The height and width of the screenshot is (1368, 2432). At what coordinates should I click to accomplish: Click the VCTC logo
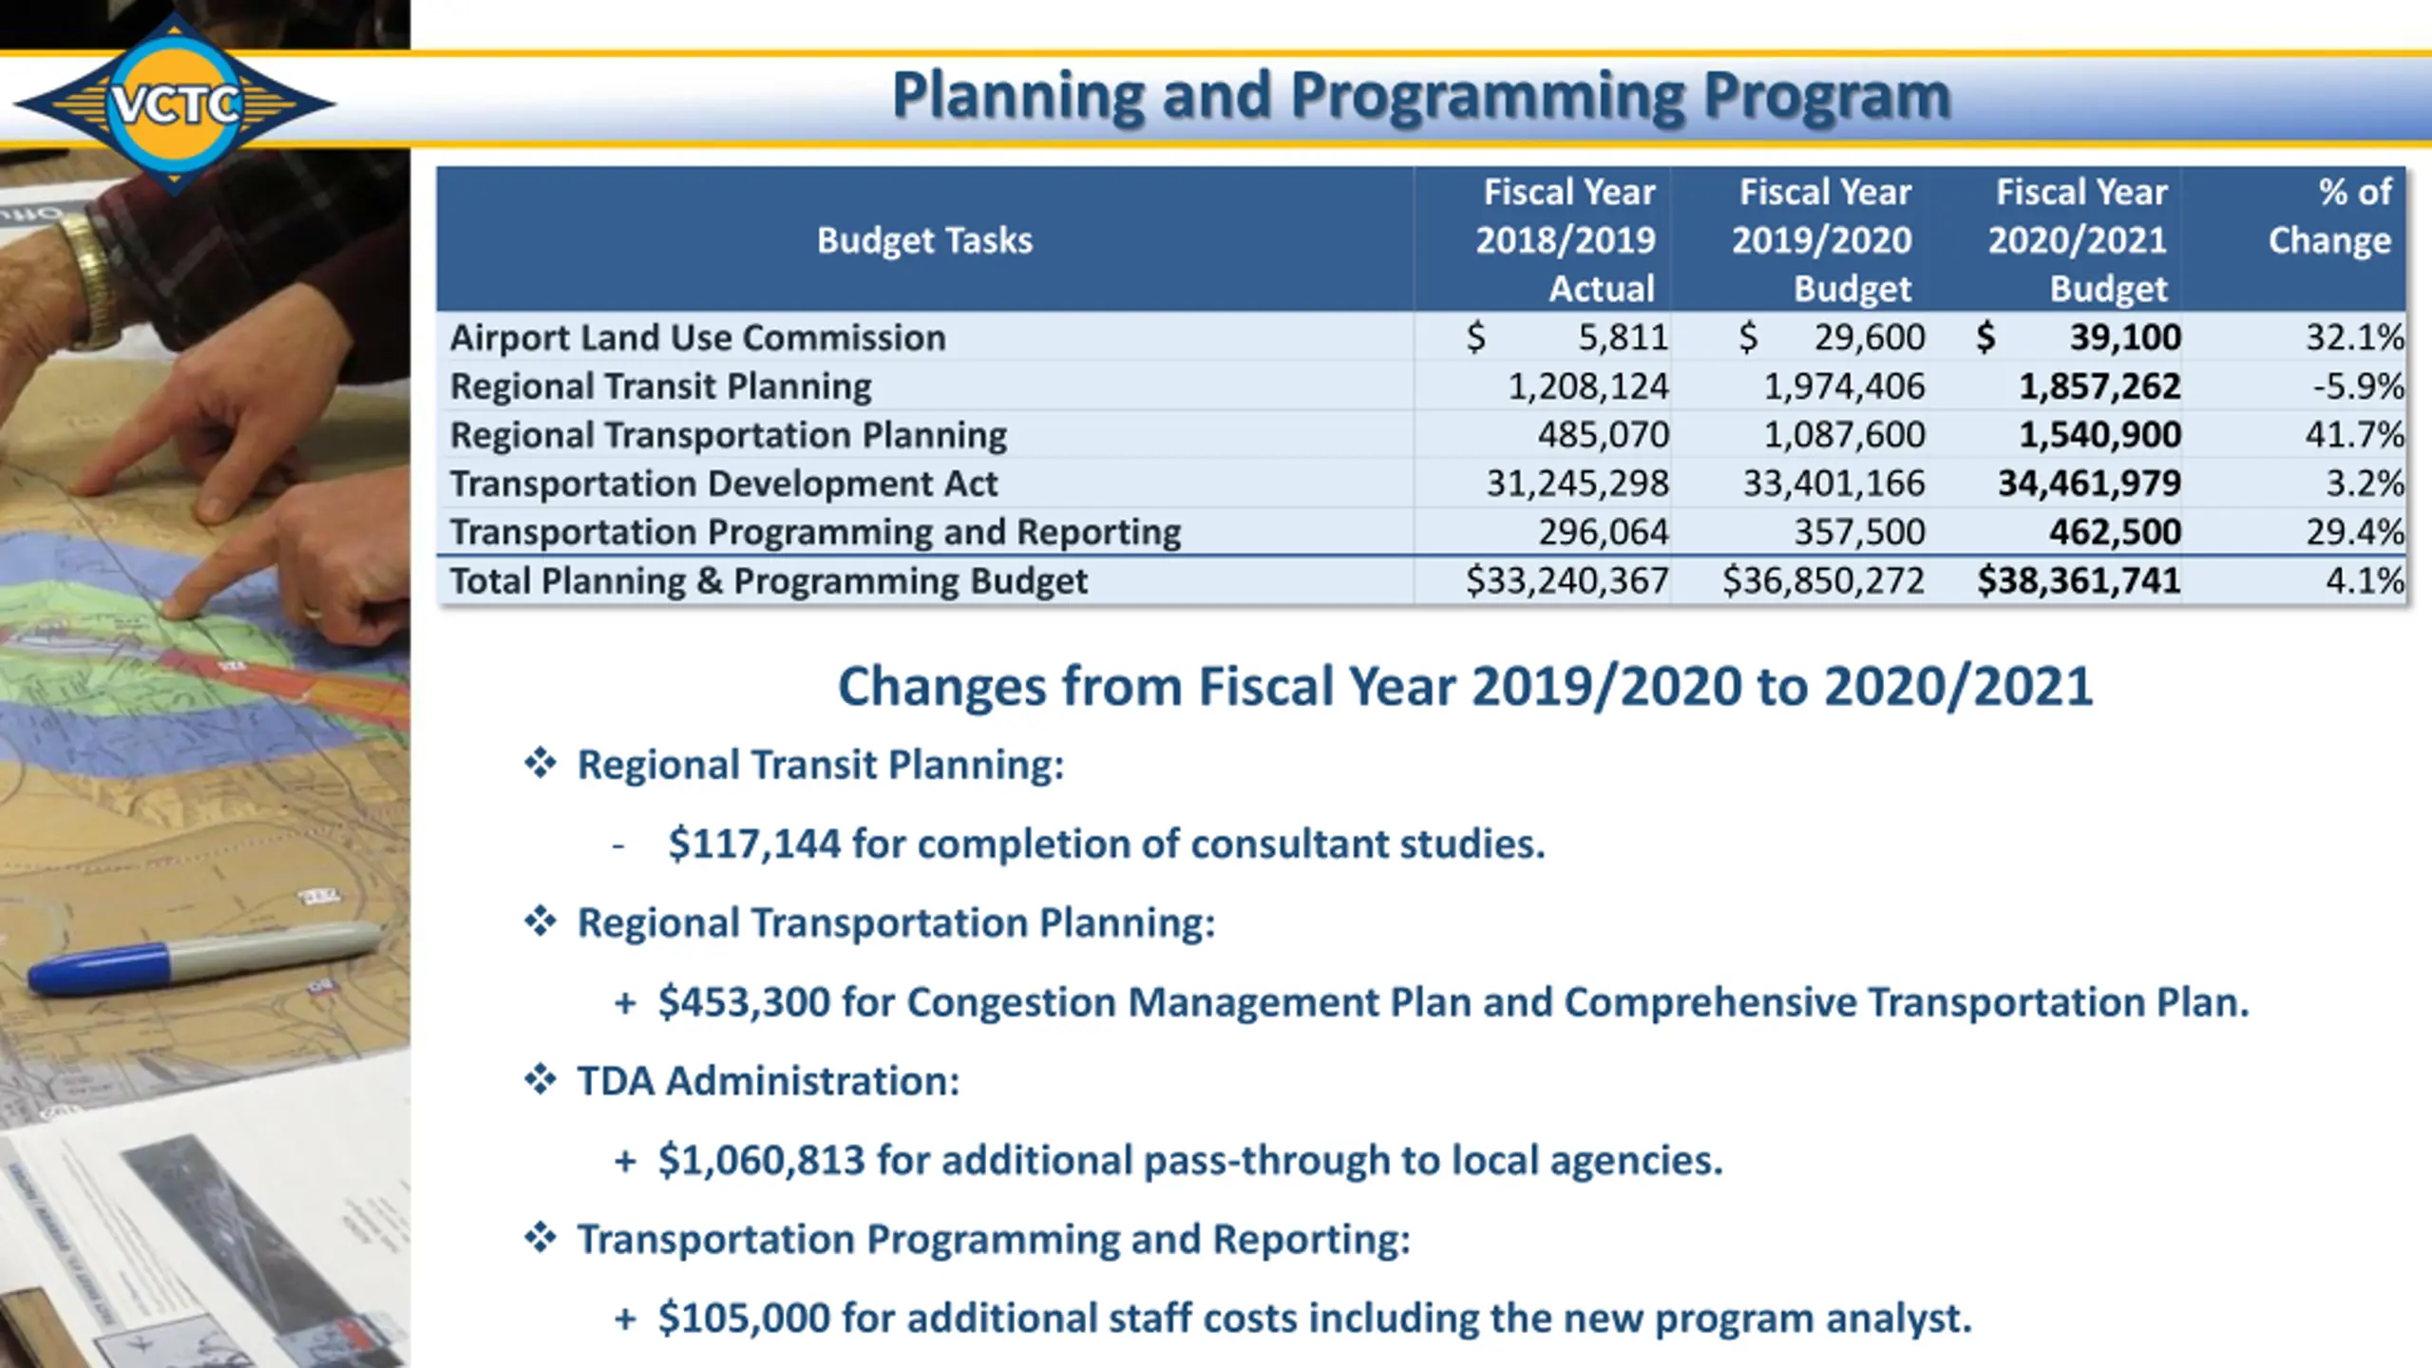176,103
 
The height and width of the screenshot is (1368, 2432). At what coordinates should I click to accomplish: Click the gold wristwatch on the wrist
95,275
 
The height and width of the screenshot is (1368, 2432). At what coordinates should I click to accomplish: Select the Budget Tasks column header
924,240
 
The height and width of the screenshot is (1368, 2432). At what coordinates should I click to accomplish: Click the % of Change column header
2329,217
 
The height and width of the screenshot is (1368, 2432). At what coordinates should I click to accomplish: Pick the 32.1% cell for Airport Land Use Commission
2354,337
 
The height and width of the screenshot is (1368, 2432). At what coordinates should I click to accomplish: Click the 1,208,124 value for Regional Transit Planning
1587,387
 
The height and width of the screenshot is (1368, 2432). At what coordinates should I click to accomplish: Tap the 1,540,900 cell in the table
2099,435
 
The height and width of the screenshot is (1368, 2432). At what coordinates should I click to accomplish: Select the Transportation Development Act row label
724,484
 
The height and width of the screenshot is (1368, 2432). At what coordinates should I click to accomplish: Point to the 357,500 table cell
1859,532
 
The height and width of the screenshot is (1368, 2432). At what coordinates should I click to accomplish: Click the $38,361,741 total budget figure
2079,580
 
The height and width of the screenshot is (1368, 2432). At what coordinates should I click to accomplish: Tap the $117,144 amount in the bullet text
754,844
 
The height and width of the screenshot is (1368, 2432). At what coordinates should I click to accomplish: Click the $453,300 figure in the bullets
744,1002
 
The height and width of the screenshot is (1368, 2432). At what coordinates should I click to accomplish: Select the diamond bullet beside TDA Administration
541,1080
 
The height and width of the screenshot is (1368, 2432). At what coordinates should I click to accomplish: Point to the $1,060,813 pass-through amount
761,1160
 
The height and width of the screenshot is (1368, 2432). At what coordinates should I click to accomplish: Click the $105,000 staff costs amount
744,1319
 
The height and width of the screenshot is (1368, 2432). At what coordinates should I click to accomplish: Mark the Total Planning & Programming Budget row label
769,580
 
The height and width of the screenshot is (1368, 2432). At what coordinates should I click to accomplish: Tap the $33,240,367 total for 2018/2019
1567,580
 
